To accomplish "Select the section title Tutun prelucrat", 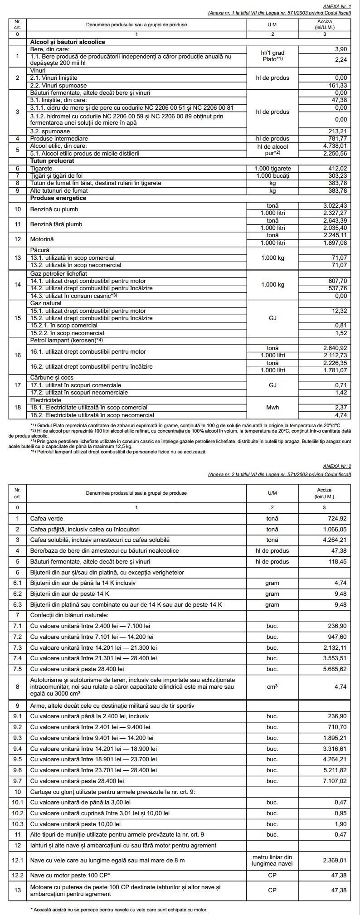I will tap(52, 161).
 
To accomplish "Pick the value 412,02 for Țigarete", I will tap(337, 168).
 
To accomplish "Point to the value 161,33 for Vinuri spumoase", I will tap(337, 85).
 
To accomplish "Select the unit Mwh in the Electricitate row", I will tap(272, 407).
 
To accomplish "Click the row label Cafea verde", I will tap(47, 518).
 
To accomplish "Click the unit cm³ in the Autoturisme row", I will tap(272, 686).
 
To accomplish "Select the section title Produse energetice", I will tap(58, 198).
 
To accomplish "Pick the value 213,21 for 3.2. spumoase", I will tap(337, 131).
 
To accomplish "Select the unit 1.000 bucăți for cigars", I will tap(272, 175).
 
